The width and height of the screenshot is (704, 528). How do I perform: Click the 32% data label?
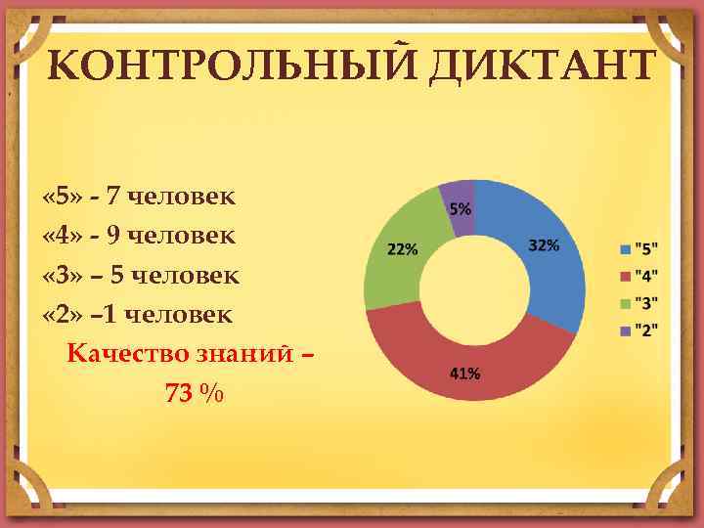[x=544, y=245]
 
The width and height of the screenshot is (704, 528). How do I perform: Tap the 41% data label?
[x=463, y=373]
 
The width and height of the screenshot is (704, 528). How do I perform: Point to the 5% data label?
[x=460, y=208]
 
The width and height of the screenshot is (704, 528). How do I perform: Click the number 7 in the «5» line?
[x=113, y=196]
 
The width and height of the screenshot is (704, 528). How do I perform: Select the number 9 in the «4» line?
[x=113, y=235]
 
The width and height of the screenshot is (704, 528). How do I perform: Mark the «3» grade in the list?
[x=61, y=275]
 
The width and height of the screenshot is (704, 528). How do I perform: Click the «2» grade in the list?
[x=61, y=314]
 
